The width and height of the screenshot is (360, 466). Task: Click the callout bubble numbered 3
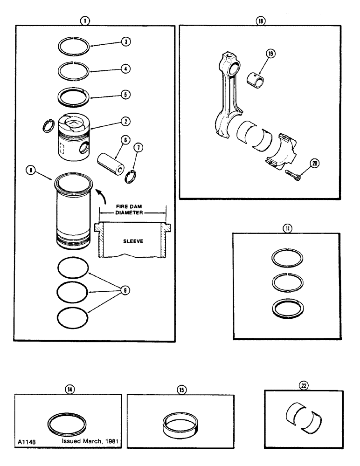tap(125, 41)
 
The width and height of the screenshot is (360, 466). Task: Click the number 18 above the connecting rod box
tap(260, 21)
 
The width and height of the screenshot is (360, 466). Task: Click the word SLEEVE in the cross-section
tap(133, 242)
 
